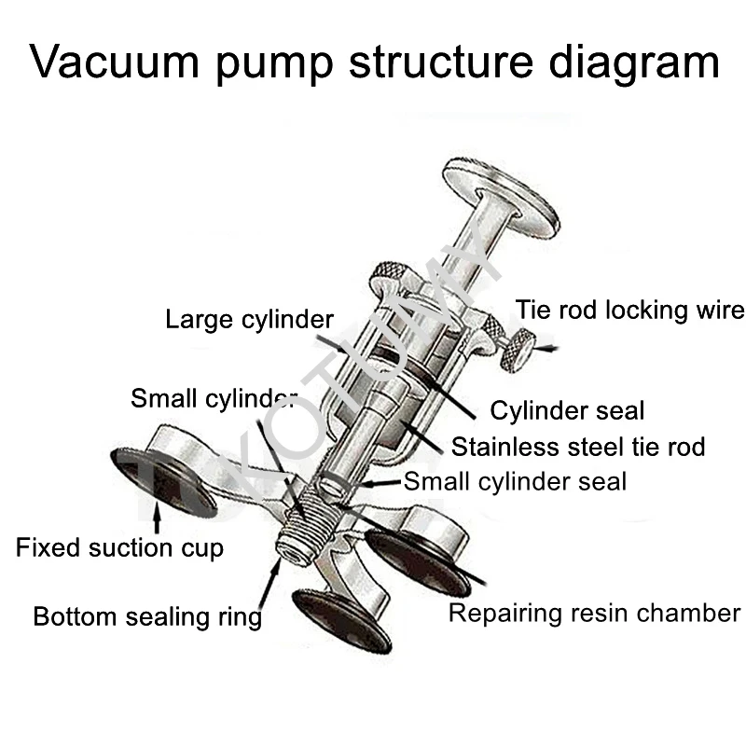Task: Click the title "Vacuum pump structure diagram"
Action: pyautogui.click(x=373, y=63)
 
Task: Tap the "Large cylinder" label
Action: pyautogui.click(x=249, y=320)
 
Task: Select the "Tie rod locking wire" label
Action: pyautogui.click(x=630, y=311)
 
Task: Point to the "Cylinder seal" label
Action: pyautogui.click(x=567, y=410)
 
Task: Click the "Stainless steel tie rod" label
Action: pyautogui.click(x=578, y=447)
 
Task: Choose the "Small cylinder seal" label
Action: pyautogui.click(x=515, y=481)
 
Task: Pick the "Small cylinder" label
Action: pyautogui.click(x=213, y=398)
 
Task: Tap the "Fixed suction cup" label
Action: pyautogui.click(x=119, y=547)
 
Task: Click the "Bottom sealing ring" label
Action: pyautogui.click(x=147, y=616)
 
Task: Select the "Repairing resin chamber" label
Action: pyautogui.click(x=594, y=614)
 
